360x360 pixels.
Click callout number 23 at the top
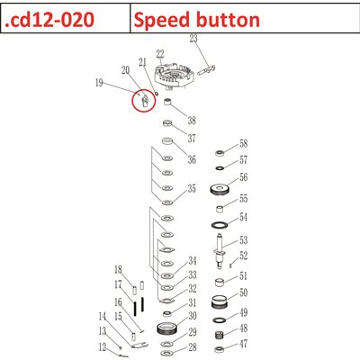click(193, 39)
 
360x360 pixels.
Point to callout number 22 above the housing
click(159, 55)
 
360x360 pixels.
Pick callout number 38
click(191, 121)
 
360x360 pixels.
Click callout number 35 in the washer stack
click(191, 189)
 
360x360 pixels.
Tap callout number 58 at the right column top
click(242, 144)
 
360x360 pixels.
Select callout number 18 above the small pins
click(117, 269)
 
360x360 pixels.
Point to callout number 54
click(242, 218)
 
